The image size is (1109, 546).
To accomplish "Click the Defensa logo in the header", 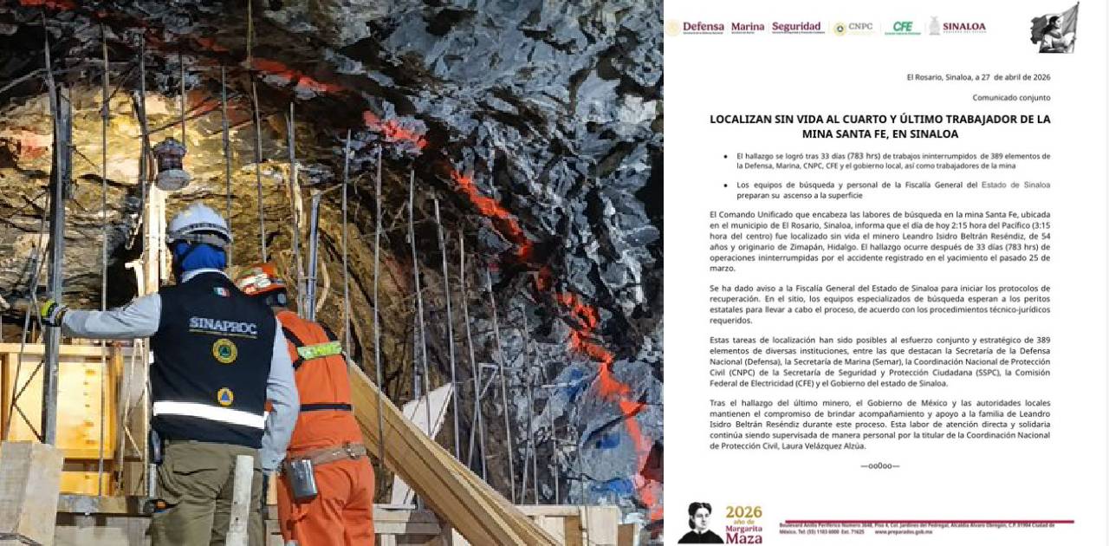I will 696,28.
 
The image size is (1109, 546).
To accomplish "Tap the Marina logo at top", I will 748,28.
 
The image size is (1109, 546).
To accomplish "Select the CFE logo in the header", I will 902,28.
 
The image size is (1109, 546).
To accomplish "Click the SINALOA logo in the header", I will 957,27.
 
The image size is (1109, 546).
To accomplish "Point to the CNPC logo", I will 853,28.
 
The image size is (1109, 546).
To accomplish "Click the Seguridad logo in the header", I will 796,28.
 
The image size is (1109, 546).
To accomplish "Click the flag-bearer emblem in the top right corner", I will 1054,29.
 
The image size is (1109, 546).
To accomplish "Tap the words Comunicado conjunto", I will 1011,98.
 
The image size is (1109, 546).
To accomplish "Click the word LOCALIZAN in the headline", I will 743,119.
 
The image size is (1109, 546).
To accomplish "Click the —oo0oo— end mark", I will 879,465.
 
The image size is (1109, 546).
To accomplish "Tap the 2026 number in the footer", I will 743,512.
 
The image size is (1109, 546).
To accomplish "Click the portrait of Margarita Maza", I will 700,522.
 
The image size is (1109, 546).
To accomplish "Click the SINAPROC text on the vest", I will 211,323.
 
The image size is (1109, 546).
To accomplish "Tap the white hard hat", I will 198,224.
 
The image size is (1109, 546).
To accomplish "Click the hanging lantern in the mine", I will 171,163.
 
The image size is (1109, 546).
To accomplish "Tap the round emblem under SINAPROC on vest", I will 224,351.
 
